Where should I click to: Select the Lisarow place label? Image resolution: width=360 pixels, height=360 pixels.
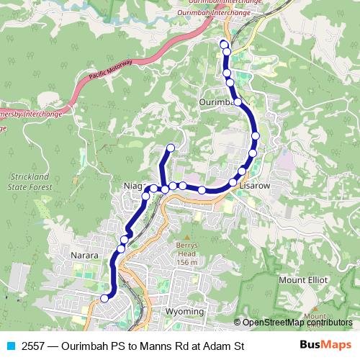click(x=255, y=185)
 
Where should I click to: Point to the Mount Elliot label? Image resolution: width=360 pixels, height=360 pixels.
click(x=304, y=279)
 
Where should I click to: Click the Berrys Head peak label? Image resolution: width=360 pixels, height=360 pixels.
click(x=187, y=253)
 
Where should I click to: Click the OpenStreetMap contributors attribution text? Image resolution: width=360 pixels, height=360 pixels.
click(x=292, y=323)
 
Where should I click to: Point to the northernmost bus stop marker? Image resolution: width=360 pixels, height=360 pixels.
click(x=223, y=45)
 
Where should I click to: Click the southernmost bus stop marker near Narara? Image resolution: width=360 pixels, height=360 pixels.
click(x=105, y=298)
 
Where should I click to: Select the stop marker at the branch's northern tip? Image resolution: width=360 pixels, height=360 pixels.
click(x=171, y=148)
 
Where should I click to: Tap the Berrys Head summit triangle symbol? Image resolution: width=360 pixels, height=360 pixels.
click(x=187, y=236)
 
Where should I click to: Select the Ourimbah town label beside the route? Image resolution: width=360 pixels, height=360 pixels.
click(x=217, y=103)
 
